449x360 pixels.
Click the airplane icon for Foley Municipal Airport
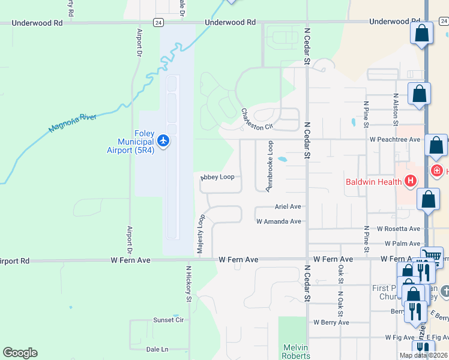(164, 141)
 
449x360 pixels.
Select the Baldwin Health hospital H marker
(411, 180)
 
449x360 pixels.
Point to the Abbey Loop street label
(217, 178)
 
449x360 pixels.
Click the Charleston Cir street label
(257, 119)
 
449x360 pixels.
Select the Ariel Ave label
(288, 206)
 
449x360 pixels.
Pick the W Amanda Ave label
(279, 221)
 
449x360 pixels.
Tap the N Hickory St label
(188, 284)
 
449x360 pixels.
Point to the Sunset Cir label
(168, 320)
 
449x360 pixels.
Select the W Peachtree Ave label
(394, 139)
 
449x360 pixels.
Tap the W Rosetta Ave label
(399, 229)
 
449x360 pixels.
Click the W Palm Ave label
(402, 244)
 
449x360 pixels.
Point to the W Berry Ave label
(331, 322)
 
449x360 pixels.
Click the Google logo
(20, 353)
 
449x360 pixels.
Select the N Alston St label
(395, 109)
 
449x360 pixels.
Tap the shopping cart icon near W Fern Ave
(432, 257)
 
